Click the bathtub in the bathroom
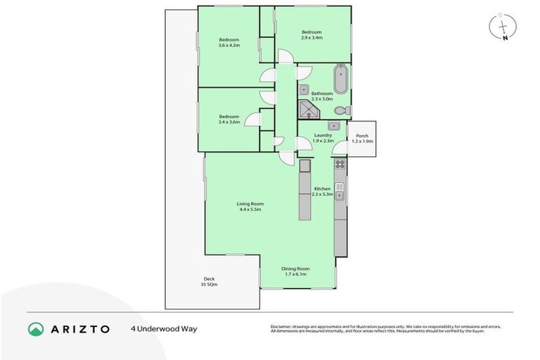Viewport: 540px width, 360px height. point(340,79)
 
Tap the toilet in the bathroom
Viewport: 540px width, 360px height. point(341,111)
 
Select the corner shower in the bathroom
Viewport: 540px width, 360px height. point(307,110)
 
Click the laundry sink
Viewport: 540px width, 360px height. point(335,126)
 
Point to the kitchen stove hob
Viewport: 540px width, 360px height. point(340,165)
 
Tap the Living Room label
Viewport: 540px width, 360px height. point(250,207)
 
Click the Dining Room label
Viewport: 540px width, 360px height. point(295,271)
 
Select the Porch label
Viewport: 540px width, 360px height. point(362,139)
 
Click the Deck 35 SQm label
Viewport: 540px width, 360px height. point(210,282)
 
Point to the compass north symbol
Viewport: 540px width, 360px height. point(503,27)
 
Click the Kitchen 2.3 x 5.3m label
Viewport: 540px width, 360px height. point(322,191)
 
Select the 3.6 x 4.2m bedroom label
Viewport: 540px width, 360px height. point(229,42)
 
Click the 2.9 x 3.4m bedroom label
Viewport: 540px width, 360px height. point(311,34)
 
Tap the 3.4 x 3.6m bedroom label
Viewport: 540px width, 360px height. point(229,120)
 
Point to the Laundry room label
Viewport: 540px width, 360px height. point(314,138)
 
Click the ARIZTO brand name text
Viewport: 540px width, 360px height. point(79,328)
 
